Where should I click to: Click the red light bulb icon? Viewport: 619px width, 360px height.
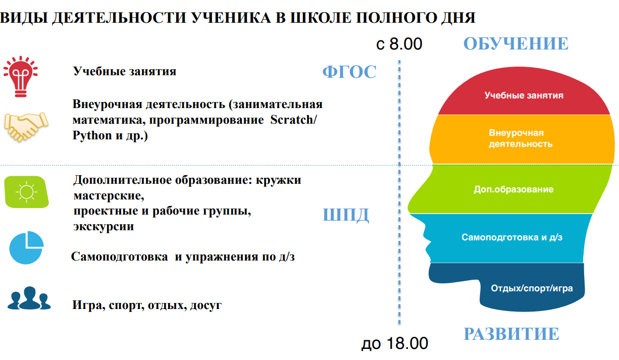[x=21, y=77]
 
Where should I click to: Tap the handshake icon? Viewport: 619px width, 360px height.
[x=26, y=127]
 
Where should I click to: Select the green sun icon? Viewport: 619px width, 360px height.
[x=27, y=192]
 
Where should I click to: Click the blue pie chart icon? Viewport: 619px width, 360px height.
[x=27, y=247]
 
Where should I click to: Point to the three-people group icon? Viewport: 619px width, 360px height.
[x=29, y=298]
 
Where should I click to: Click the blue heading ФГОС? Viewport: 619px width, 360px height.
[x=349, y=72]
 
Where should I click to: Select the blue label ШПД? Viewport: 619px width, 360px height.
[x=346, y=215]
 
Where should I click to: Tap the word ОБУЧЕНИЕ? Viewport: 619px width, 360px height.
[x=515, y=43]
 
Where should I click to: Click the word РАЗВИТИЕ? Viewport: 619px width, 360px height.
[x=511, y=333]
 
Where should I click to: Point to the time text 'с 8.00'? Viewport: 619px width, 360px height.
[x=399, y=43]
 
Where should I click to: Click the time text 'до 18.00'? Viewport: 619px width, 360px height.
[x=395, y=343]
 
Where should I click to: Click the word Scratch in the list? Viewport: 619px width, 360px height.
[x=293, y=120]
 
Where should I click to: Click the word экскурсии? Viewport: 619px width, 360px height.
[x=104, y=227]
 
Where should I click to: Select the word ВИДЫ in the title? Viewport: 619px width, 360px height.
[x=23, y=18]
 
